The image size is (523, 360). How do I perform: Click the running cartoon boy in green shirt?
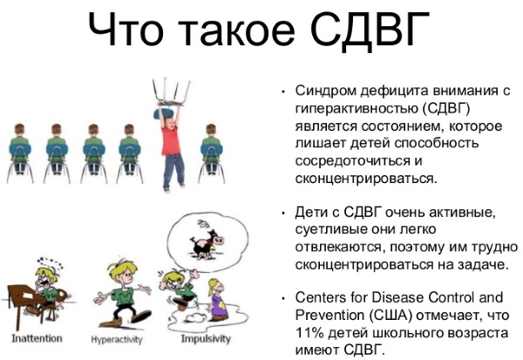coord(123,288)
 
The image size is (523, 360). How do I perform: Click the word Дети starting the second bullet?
coord(312,213)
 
